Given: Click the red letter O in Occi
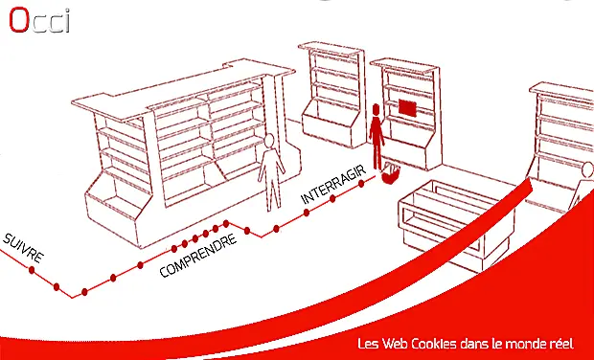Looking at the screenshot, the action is point(18,20).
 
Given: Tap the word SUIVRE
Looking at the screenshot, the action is point(23,248).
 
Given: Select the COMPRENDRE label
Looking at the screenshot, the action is point(197,256).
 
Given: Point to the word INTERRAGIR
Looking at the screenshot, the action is point(333,185).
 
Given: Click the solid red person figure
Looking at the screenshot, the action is point(377,137).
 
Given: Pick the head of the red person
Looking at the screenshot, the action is point(376,110).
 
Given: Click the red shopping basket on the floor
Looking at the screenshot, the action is point(391,172).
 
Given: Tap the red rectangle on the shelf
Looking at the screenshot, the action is point(407,107).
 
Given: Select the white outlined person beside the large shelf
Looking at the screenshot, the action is point(271,172).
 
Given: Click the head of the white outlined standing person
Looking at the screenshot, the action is point(269,142).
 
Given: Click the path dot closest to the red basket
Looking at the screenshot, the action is point(361,184).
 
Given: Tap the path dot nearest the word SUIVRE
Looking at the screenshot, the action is point(32,270).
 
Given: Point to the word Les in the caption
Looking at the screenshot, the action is point(368,344).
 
